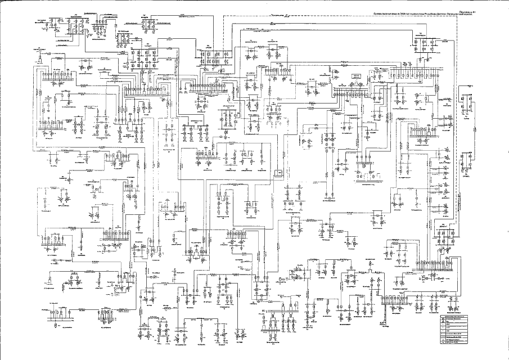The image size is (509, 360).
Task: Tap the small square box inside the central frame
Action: click(x=277, y=173)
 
